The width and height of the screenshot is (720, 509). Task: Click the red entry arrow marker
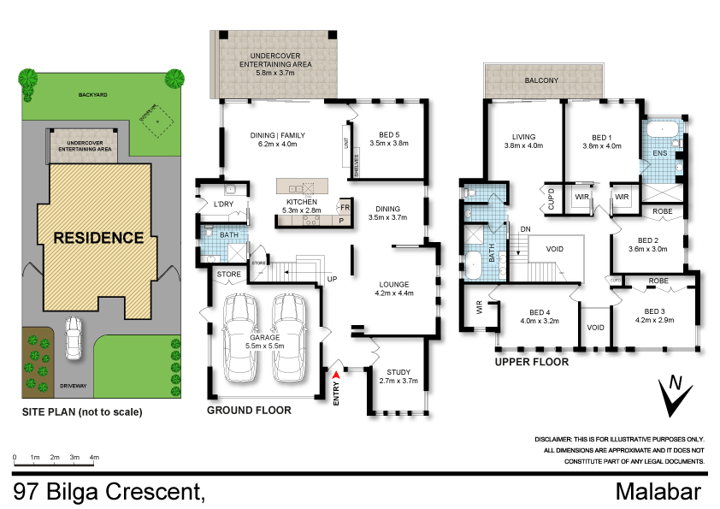click(x=336, y=374)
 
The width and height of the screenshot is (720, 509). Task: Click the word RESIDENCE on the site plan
click(x=100, y=238)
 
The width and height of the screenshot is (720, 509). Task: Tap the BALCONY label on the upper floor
click(x=541, y=80)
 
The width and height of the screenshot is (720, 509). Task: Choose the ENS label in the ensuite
click(x=659, y=152)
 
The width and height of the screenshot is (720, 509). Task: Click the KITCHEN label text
click(x=301, y=202)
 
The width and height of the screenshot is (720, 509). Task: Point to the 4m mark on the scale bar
click(x=94, y=459)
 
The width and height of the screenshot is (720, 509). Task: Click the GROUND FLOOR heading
click(x=249, y=411)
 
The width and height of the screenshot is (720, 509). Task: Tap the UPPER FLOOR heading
click(x=531, y=362)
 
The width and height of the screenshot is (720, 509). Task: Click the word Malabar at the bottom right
click(x=658, y=492)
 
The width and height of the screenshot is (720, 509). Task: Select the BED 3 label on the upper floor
click(x=654, y=311)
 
